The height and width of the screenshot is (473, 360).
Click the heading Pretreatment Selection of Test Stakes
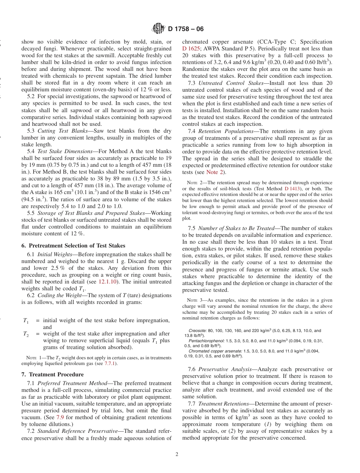point(73,246)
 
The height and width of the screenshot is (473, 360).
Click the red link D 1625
point(189,49)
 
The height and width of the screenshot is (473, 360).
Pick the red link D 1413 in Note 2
point(292,189)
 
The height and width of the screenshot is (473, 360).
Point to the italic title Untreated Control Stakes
point(231,83)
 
